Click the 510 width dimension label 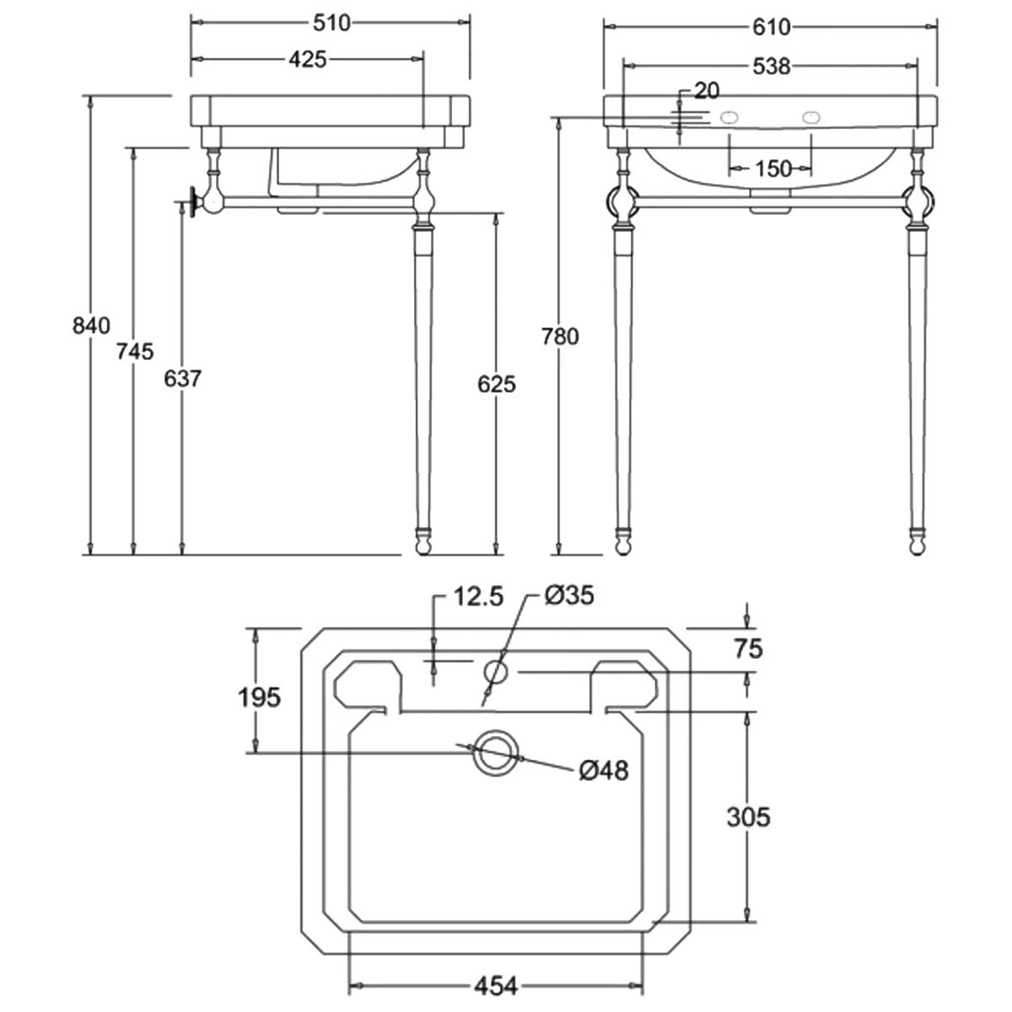click(331, 23)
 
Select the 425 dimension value click(307, 59)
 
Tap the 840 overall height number click(91, 326)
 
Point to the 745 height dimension click(135, 352)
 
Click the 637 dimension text click(182, 379)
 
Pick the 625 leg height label click(496, 385)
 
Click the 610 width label click(771, 27)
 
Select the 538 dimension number click(771, 67)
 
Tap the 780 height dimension click(560, 336)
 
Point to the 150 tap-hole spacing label click(773, 169)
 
